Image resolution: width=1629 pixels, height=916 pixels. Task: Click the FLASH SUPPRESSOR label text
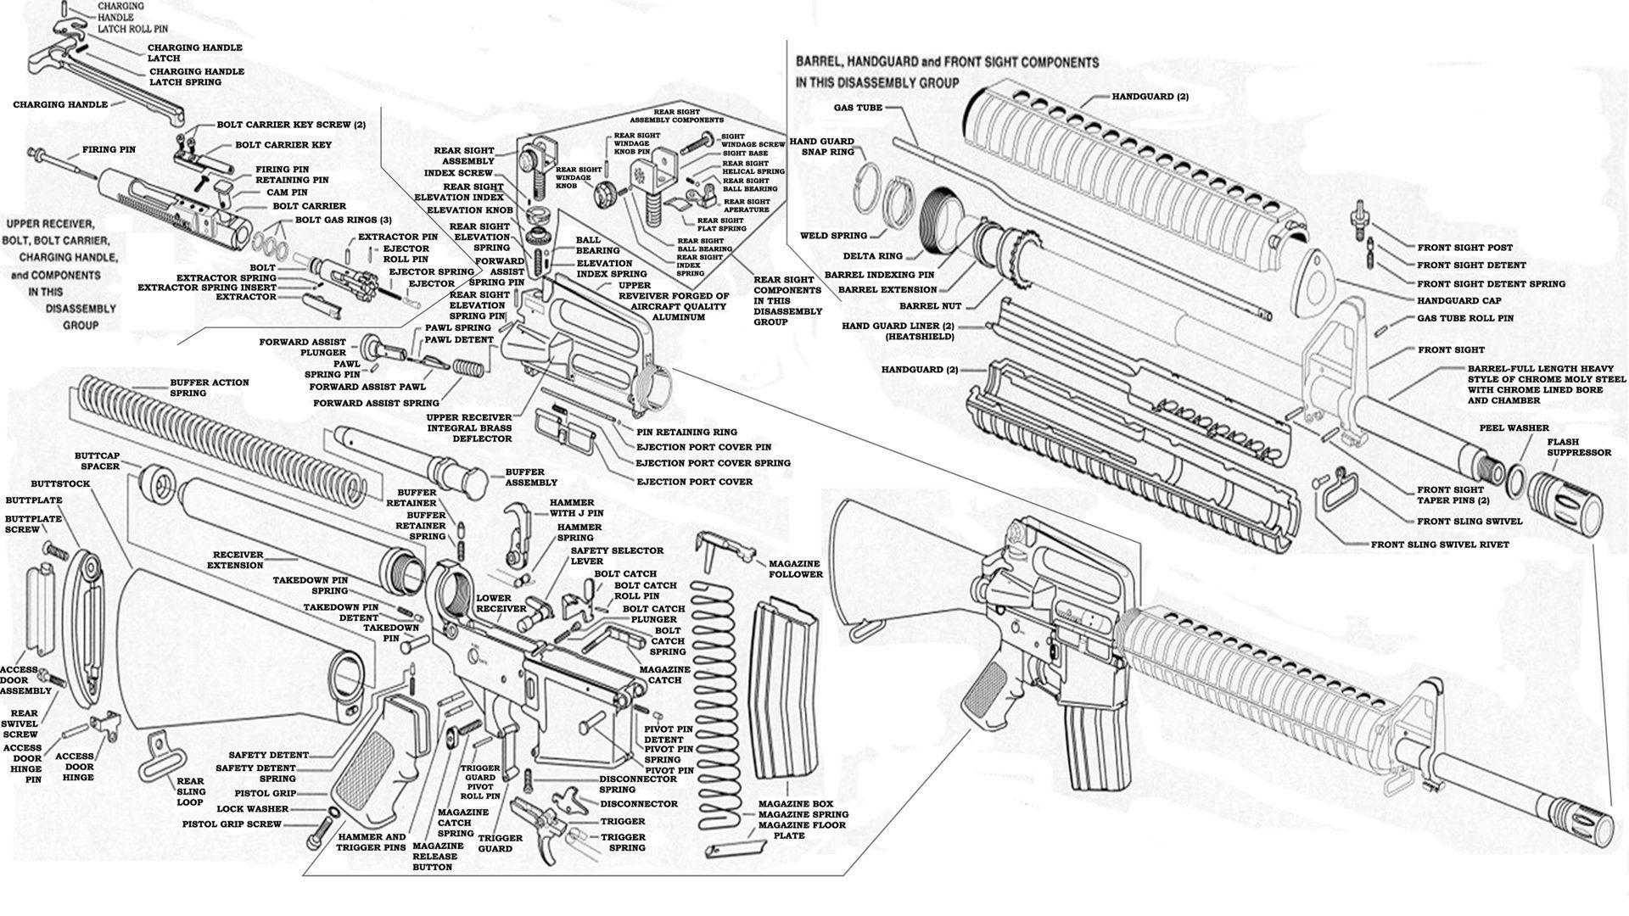click(x=1578, y=447)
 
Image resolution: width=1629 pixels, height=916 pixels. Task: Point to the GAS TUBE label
click(x=858, y=109)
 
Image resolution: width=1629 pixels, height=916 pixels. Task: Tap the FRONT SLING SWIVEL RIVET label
click(x=1440, y=545)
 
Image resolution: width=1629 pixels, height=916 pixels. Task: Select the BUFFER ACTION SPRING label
click(x=209, y=388)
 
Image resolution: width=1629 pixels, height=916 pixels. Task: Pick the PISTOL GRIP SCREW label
click(x=232, y=824)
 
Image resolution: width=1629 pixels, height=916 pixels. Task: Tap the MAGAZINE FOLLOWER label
click(x=795, y=569)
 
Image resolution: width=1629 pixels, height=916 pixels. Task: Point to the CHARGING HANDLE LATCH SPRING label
click(x=197, y=77)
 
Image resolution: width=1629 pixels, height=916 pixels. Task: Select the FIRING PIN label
click(x=109, y=150)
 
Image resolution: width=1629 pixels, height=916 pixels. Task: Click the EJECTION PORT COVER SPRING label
click(x=713, y=463)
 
